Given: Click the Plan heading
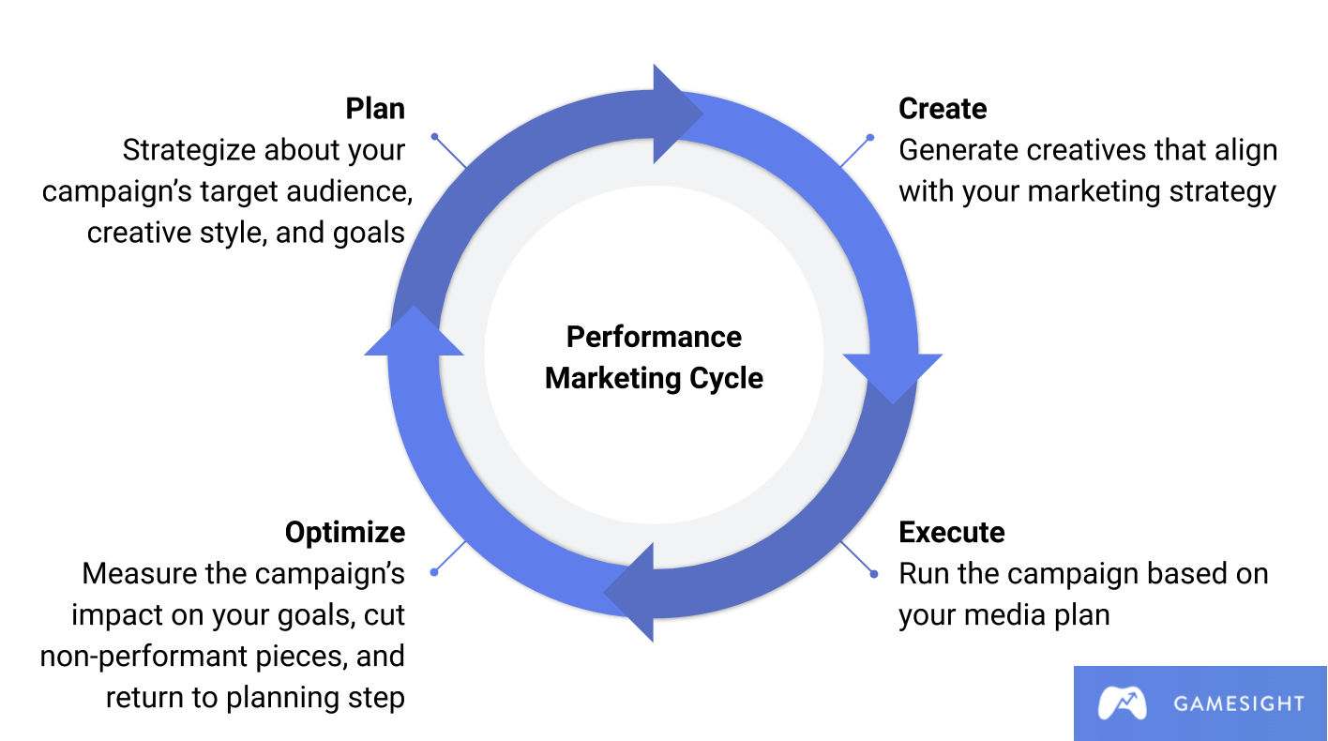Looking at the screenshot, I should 375,109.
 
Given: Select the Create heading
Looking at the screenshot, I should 943,109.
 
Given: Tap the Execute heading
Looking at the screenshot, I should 951,533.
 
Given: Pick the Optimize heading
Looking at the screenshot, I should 345,533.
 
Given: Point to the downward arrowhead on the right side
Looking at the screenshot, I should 892,376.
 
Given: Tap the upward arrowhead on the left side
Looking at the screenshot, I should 414,333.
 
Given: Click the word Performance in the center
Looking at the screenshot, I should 654,337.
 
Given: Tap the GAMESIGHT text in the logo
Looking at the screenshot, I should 1238,703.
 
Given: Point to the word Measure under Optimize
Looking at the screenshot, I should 141,573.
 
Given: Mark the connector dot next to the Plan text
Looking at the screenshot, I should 434,137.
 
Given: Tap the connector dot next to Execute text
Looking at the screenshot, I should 873,574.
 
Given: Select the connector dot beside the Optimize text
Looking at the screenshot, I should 433,572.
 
